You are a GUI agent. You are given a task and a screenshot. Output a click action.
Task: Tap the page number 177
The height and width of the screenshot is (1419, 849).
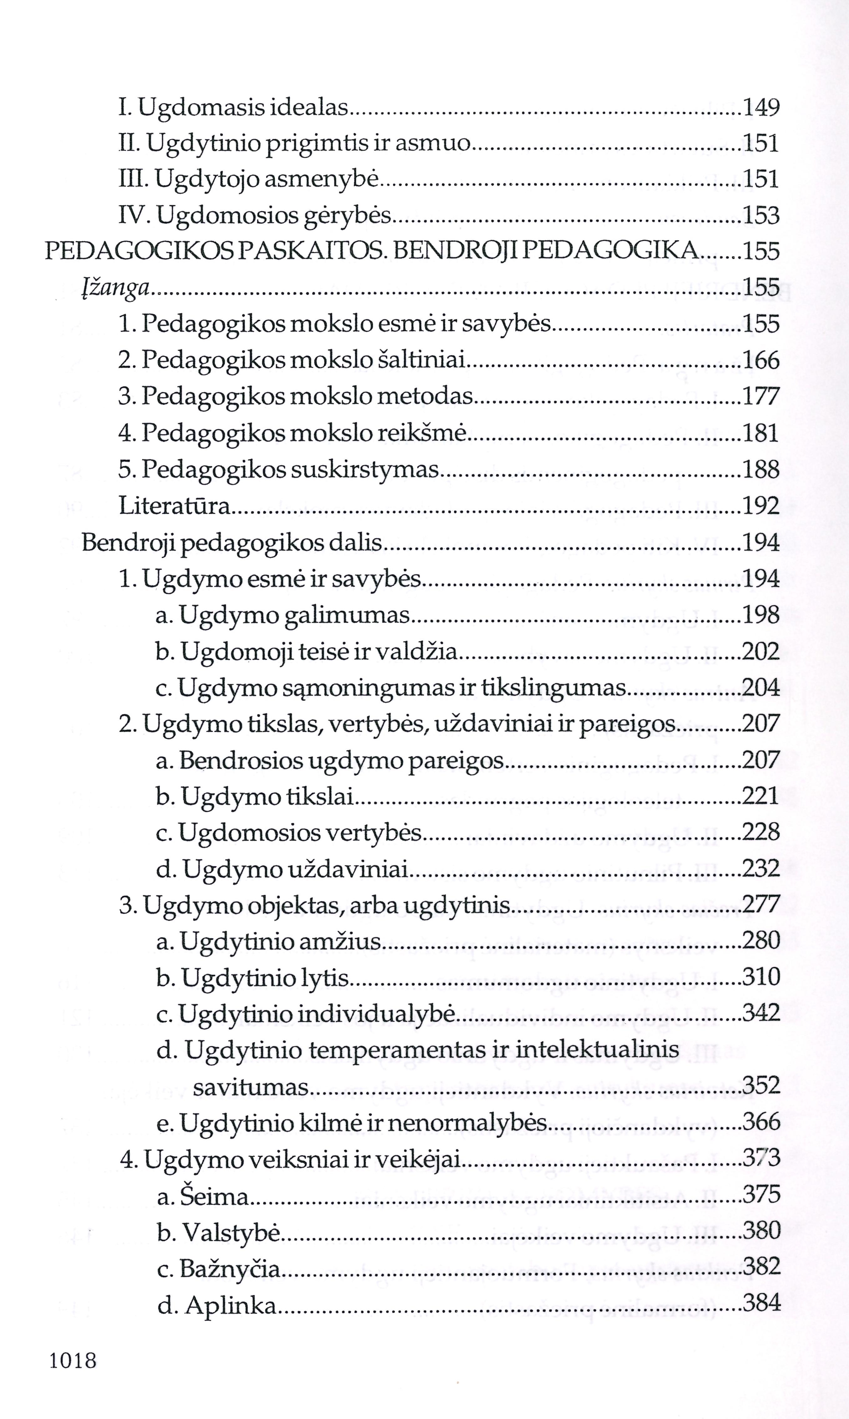coord(761,397)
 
